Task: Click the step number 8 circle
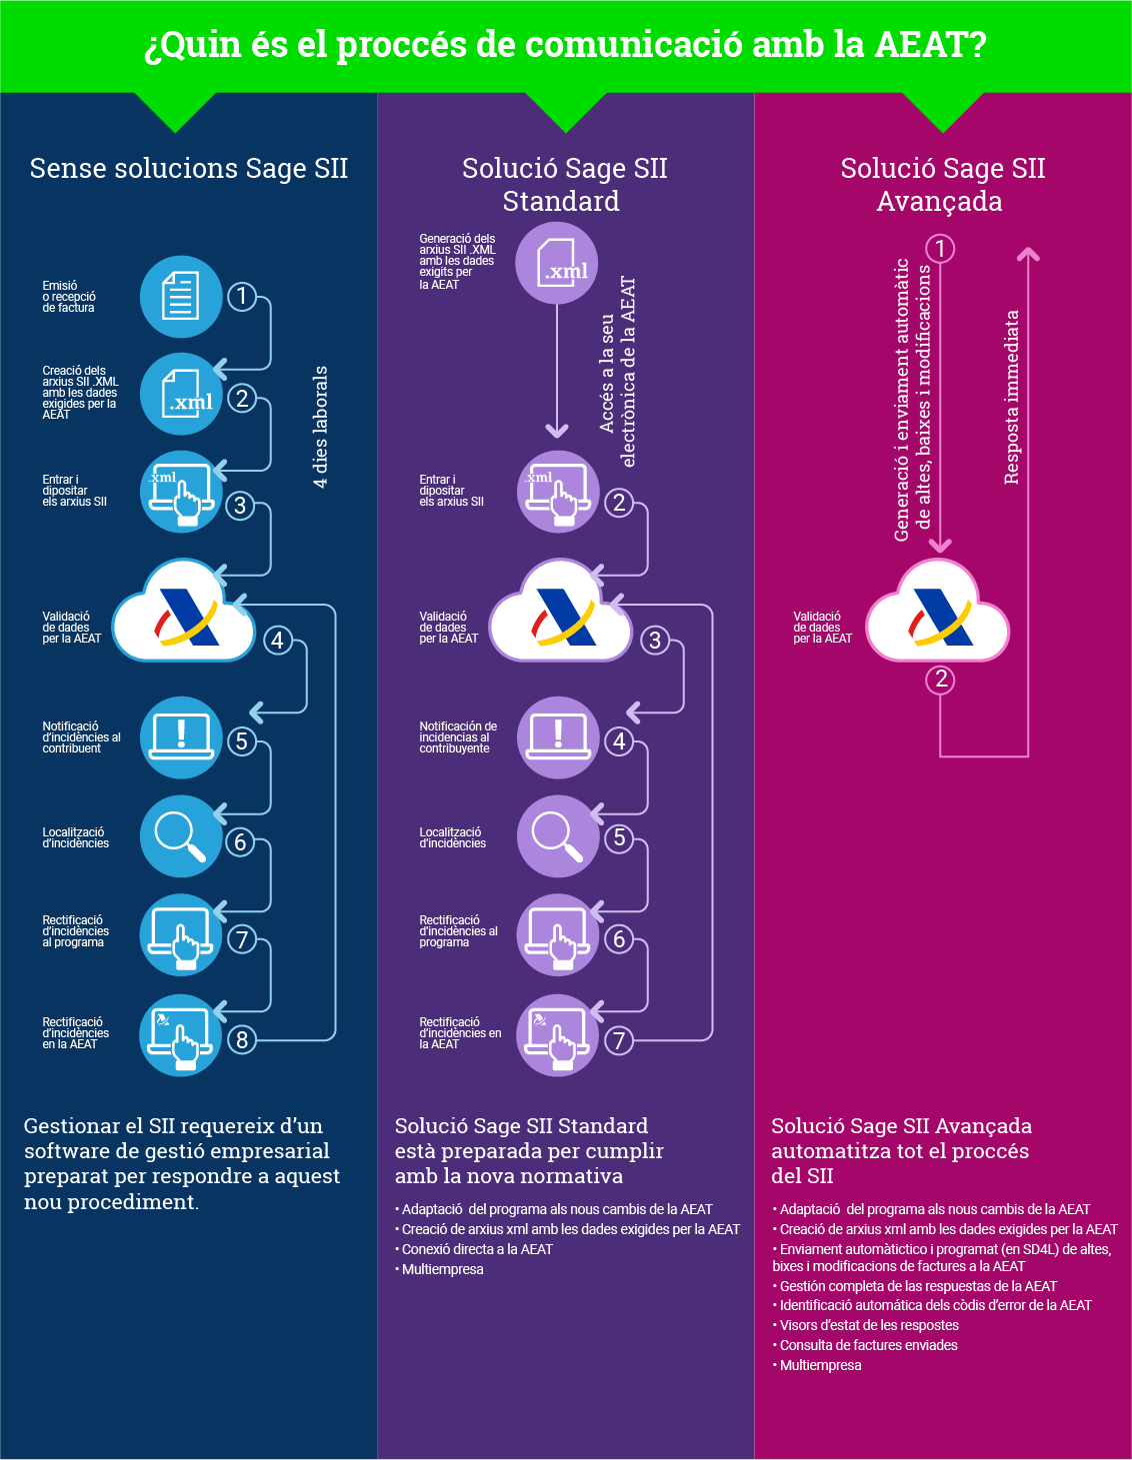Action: point(241,1040)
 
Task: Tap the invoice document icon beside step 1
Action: point(181,296)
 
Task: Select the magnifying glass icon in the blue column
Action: point(180,836)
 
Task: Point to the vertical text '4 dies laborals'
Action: point(320,427)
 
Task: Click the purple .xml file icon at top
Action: point(557,263)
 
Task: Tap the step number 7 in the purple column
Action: point(619,1040)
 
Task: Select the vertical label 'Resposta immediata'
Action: point(1012,397)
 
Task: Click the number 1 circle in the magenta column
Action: point(940,248)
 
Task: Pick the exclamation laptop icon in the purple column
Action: point(558,737)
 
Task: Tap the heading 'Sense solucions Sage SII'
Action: point(189,168)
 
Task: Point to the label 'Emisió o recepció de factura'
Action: point(69,297)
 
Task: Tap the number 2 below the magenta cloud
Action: point(940,680)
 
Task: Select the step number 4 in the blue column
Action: point(277,640)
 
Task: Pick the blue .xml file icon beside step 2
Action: point(181,395)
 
